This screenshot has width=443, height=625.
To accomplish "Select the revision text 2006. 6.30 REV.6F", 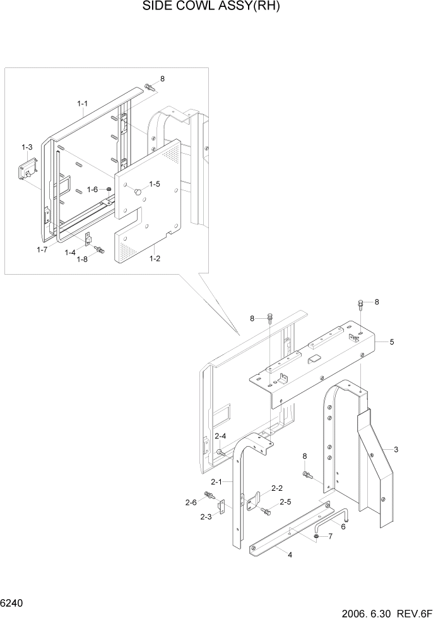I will point(387,615).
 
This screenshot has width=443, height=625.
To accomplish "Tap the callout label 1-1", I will point(83,103).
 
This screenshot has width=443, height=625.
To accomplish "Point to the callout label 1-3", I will point(27,147).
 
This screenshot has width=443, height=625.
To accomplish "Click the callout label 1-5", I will point(155,184).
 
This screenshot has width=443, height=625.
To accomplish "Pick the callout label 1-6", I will point(93,190).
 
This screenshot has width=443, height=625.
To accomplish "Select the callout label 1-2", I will point(154,258).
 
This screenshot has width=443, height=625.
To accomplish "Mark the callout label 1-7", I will point(42,249).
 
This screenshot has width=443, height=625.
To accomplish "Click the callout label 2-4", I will point(220,436).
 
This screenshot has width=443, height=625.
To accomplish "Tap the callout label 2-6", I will point(191,502).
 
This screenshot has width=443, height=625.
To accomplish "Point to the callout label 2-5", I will point(285,502).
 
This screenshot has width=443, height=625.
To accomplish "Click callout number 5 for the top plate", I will point(392,342).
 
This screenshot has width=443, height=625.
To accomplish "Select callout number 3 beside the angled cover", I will point(396,449).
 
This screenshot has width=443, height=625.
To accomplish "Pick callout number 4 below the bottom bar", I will point(290,555).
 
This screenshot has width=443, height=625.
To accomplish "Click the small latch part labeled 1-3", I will point(27,169).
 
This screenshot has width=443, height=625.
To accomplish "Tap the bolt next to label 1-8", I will point(99,250).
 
